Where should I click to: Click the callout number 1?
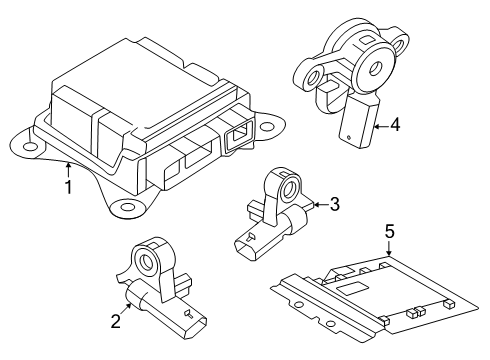pyautogui.click(x=68, y=187)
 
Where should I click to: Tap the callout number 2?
pyautogui.click(x=115, y=321)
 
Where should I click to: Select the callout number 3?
pyautogui.click(x=335, y=204)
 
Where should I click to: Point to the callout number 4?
pyautogui.click(x=395, y=125)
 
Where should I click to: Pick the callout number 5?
pyautogui.click(x=389, y=231)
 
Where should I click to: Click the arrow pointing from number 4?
pyautogui.click(x=381, y=126)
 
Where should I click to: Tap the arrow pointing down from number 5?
pyautogui.click(x=389, y=248)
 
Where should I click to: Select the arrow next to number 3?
pyautogui.click(x=321, y=204)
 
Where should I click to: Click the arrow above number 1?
pyautogui.click(x=68, y=169)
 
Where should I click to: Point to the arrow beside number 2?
pyautogui.click(x=126, y=309)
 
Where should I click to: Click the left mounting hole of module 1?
pyautogui.click(x=30, y=146)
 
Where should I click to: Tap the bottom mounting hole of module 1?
pyautogui.click(x=127, y=207)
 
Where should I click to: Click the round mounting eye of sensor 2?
pyautogui.click(x=146, y=260)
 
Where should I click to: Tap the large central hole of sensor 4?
pyautogui.click(x=376, y=69)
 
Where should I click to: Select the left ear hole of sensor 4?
pyautogui.click(x=314, y=78)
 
